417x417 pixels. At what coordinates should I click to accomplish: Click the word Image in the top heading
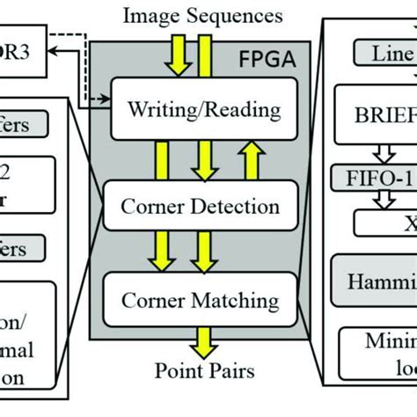tap(153, 16)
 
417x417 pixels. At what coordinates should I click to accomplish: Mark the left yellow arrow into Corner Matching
tap(161, 255)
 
